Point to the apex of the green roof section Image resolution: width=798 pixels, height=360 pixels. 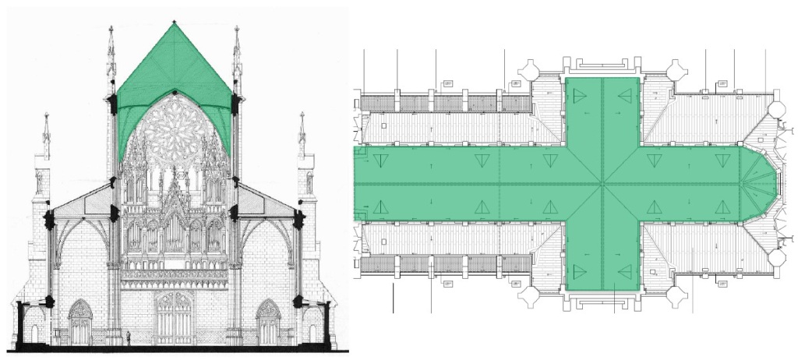[x=174, y=23]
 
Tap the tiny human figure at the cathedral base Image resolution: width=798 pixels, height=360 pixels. [x=129, y=337]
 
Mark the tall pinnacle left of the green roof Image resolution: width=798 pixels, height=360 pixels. [x=111, y=58]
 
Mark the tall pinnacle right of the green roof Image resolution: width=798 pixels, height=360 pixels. [x=236, y=58]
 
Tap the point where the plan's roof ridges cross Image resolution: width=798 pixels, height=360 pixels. [x=602, y=185]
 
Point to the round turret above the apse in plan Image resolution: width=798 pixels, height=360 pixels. [x=776, y=110]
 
